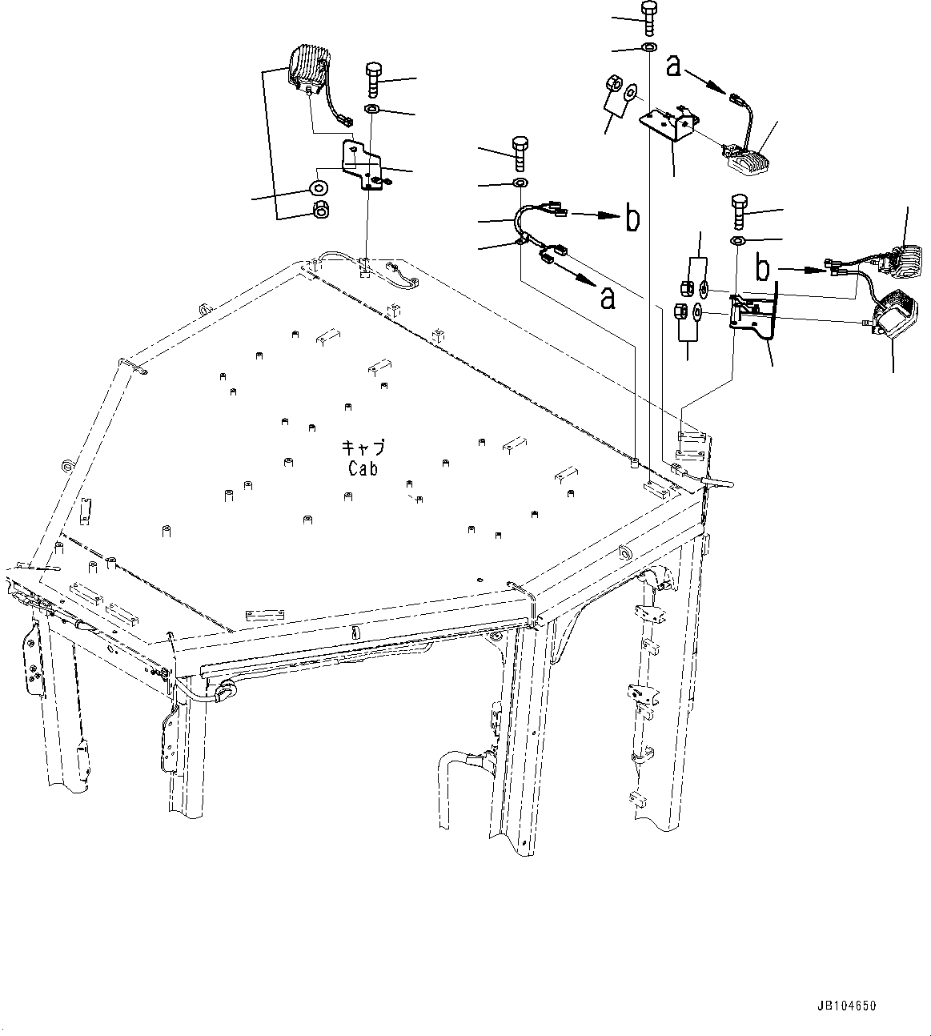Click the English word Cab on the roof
pyautogui.click(x=363, y=469)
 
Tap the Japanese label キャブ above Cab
pyautogui.click(x=363, y=448)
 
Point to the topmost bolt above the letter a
pyautogui.click(x=648, y=18)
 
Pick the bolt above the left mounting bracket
pyautogui.click(x=375, y=80)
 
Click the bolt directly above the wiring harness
pyautogui.click(x=520, y=155)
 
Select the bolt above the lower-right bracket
pyautogui.click(x=738, y=212)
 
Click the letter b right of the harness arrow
pyautogui.click(x=632, y=218)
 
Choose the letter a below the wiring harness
pyautogui.click(x=608, y=299)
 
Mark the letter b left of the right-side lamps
pyautogui.click(x=764, y=269)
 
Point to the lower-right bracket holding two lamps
pyautogui.click(x=753, y=315)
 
